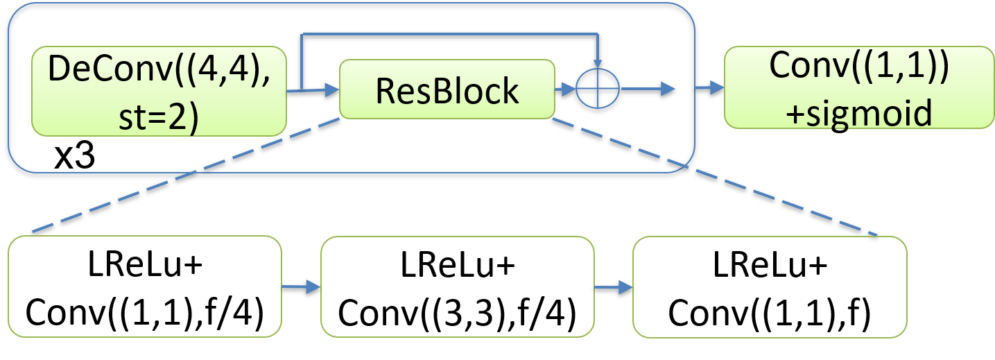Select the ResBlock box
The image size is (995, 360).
click(447, 89)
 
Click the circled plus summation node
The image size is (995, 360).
click(598, 89)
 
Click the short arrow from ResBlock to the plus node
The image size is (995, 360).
click(565, 89)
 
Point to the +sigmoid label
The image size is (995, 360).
click(860, 112)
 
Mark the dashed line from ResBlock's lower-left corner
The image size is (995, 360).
click(187, 176)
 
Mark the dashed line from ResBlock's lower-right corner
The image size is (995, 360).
click(714, 177)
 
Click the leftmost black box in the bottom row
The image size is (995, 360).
click(144, 286)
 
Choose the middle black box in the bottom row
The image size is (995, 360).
click(458, 286)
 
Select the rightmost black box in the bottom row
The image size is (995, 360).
click(770, 286)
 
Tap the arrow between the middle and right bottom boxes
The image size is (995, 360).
click(614, 286)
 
